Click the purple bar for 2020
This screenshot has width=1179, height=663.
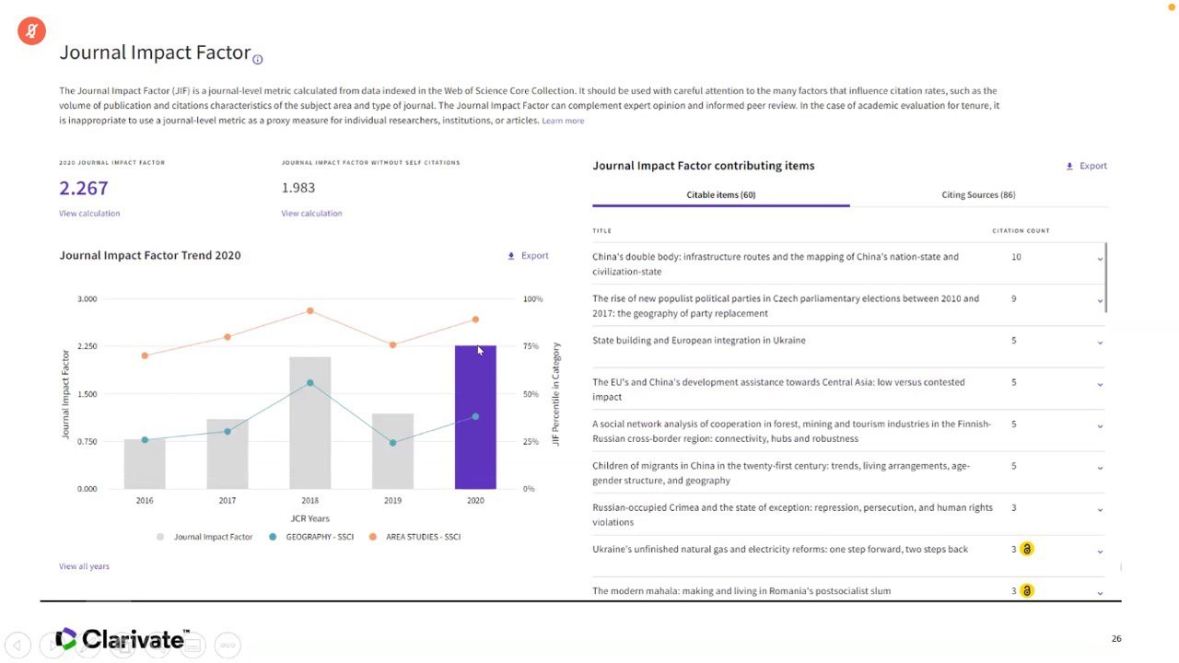(x=475, y=417)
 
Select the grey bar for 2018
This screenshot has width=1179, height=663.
(x=310, y=423)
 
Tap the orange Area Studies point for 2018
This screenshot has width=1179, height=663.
(x=310, y=311)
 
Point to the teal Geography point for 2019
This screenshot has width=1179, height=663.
(x=392, y=443)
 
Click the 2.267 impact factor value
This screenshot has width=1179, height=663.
(x=84, y=188)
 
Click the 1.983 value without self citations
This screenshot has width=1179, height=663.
(x=298, y=188)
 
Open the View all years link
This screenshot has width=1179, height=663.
(x=84, y=566)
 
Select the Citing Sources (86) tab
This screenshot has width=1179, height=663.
(x=978, y=194)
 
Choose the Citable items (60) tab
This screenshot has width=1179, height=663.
(x=721, y=194)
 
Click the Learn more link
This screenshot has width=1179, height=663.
(x=563, y=121)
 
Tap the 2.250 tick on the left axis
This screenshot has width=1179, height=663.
(x=88, y=346)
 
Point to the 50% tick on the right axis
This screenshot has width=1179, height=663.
(x=531, y=394)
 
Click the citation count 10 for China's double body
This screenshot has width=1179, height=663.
(x=1016, y=257)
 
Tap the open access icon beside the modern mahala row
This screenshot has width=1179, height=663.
(x=1027, y=591)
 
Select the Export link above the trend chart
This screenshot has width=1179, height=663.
(x=529, y=256)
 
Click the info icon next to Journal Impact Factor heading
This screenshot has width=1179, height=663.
(x=257, y=60)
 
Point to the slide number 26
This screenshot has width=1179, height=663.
(x=1116, y=638)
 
